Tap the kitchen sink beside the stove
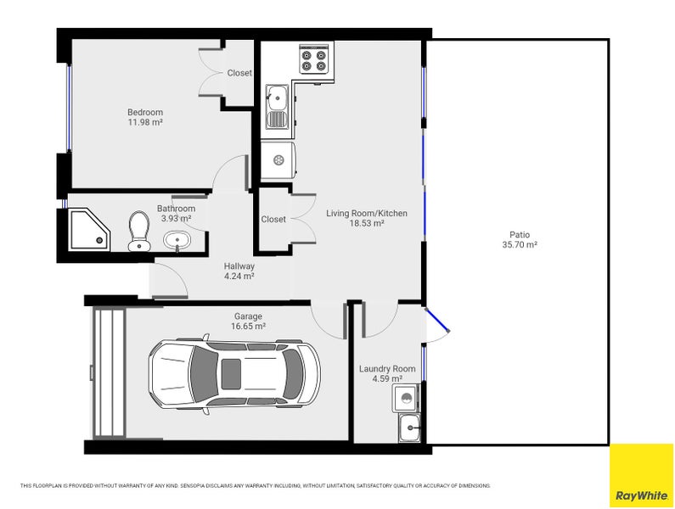[x=277, y=107]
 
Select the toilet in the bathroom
[x=138, y=231]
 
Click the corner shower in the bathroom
[x=90, y=229]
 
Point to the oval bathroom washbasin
[x=177, y=240]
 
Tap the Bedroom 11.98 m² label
[x=145, y=117]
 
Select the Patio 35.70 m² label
[x=520, y=240]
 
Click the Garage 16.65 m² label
[x=248, y=322]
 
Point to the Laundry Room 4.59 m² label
[x=387, y=373]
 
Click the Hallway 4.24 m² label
[x=239, y=271]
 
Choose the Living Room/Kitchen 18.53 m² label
[x=366, y=218]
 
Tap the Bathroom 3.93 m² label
[x=176, y=214]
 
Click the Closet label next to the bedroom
[x=239, y=73]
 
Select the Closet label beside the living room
[x=273, y=220]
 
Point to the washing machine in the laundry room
[x=405, y=399]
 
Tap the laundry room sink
[x=409, y=428]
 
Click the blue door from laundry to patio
[x=437, y=320]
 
